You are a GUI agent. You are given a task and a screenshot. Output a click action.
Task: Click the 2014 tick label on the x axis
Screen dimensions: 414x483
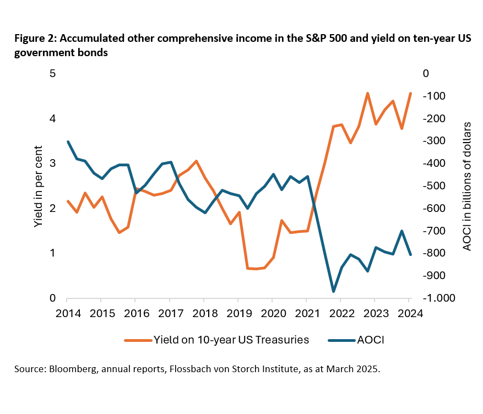(67, 314)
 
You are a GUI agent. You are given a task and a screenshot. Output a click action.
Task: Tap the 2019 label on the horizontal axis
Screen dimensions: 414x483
(238, 314)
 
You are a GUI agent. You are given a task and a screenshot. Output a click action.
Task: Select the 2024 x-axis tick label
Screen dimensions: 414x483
(409, 314)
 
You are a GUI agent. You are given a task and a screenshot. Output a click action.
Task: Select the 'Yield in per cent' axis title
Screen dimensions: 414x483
(37, 186)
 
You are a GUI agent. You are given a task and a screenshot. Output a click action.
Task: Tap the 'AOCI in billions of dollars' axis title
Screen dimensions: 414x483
(466, 186)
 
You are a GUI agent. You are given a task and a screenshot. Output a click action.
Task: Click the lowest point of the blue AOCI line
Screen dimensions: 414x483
(333, 291)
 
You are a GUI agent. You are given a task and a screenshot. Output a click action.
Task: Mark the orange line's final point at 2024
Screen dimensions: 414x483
(410, 94)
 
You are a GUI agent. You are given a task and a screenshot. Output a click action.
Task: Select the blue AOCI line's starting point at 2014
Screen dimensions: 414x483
(67, 141)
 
